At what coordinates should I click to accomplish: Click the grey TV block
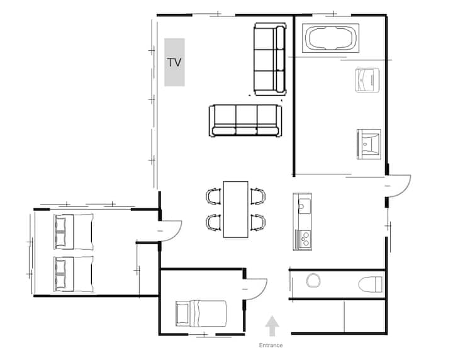174,62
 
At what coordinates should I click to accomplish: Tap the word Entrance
271,346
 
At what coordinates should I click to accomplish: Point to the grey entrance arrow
272,326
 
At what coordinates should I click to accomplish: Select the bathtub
330,38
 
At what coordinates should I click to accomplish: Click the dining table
236,210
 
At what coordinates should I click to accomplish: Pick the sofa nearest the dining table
245,120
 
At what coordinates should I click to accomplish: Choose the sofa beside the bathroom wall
270,59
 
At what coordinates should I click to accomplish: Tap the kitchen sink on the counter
305,206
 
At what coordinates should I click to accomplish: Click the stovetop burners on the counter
305,239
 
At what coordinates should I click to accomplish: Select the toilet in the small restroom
371,284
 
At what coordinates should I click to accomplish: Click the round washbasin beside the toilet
313,280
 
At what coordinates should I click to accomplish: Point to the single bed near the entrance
201,313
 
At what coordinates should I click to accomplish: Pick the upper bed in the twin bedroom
74,232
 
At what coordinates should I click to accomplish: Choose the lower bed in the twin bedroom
74,274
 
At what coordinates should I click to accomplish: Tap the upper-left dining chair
213,196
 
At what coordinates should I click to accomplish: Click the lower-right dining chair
258,222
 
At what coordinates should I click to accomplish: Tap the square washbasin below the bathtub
369,144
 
